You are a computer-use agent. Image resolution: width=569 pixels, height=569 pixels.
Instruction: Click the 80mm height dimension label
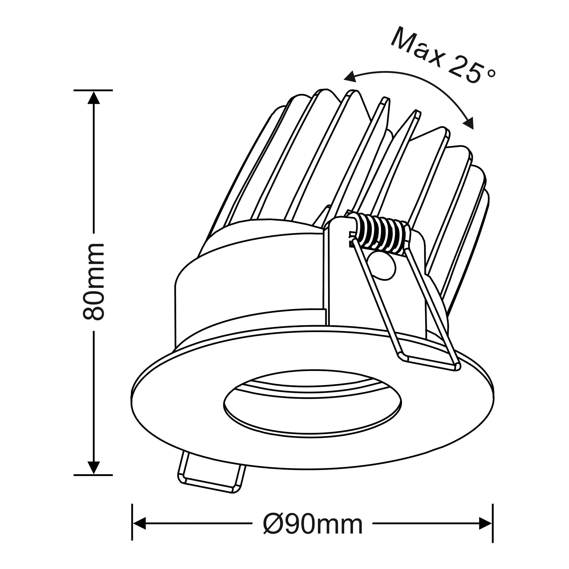tap(94, 282)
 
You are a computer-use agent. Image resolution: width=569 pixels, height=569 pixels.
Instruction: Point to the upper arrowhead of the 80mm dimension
tap(94, 98)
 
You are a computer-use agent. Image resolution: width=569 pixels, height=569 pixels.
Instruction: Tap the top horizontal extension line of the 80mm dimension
tap(93, 90)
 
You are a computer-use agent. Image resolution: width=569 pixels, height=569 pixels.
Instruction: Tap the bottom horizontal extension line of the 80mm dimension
tap(93, 475)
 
